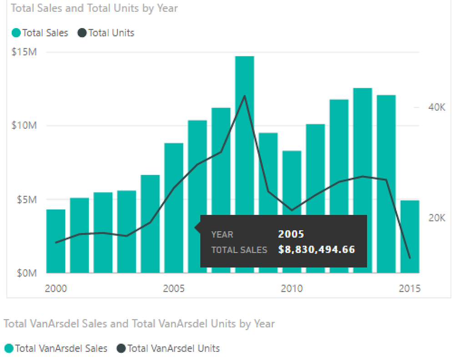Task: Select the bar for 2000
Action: tap(56, 241)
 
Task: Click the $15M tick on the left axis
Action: tap(24, 52)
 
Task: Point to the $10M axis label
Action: tap(24, 126)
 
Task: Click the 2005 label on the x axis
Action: tap(173, 289)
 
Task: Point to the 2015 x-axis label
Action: tap(409, 289)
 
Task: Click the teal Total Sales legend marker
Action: tap(16, 33)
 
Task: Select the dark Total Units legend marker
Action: tap(82, 33)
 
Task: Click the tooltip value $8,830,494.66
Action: tap(316, 250)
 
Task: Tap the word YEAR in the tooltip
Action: tap(222, 235)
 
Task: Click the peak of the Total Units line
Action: tap(245, 96)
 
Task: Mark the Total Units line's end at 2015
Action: tap(409, 258)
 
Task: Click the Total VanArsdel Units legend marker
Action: tap(121, 349)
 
